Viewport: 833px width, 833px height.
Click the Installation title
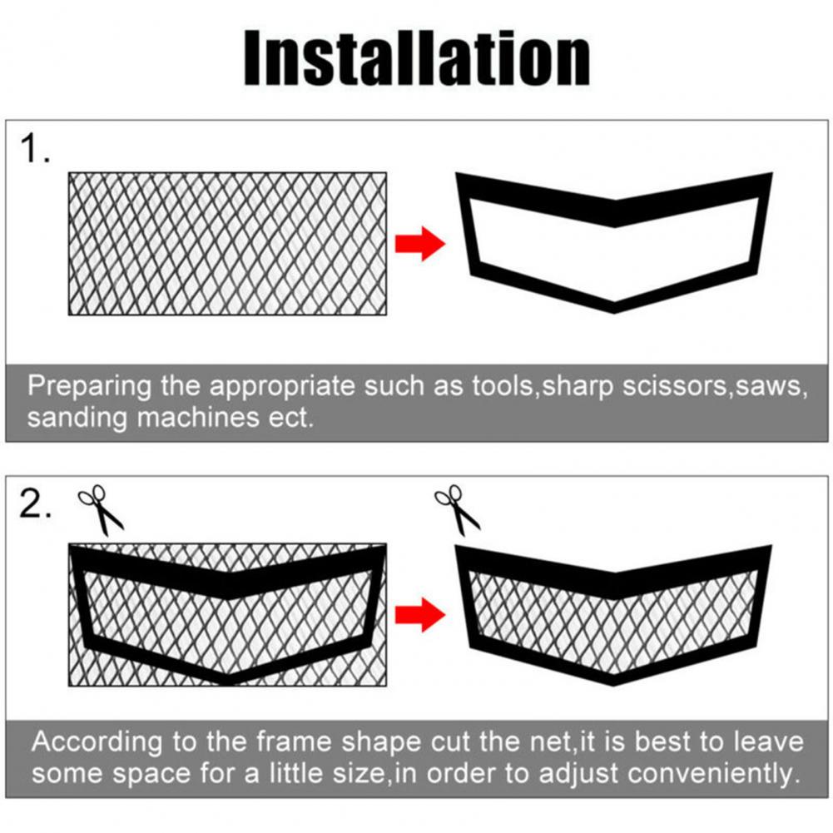pyautogui.click(x=417, y=57)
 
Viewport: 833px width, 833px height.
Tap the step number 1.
pyautogui.click(x=35, y=148)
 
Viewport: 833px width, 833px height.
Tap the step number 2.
pyautogui.click(x=35, y=503)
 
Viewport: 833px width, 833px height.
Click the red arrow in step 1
pyautogui.click(x=420, y=243)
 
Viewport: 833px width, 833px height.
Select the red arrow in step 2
pyautogui.click(x=420, y=615)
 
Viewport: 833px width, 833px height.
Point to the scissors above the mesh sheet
pyautogui.click(x=101, y=510)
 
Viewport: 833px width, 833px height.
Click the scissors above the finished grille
pyautogui.click(x=458, y=510)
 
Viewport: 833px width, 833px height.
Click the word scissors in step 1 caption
pyautogui.click(x=674, y=386)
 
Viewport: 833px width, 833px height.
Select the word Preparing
pyautogui.click(x=90, y=387)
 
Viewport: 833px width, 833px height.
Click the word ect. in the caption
pyautogui.click(x=290, y=418)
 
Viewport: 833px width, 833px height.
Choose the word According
pyautogui.click(x=97, y=742)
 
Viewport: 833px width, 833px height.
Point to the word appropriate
pyautogui.click(x=281, y=387)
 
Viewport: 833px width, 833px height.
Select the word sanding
pyautogui.click(x=77, y=419)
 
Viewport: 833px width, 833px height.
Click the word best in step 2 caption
pyautogui.click(x=662, y=741)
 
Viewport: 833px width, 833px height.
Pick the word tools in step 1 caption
pyautogui.click(x=505, y=386)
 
